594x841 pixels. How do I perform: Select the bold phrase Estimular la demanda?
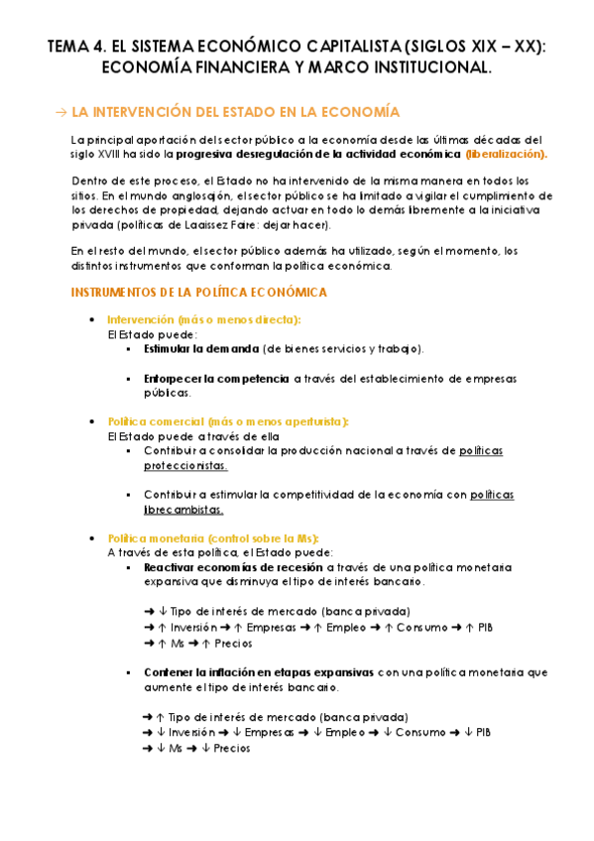(x=200, y=348)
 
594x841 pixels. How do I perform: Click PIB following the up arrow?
(x=485, y=627)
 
